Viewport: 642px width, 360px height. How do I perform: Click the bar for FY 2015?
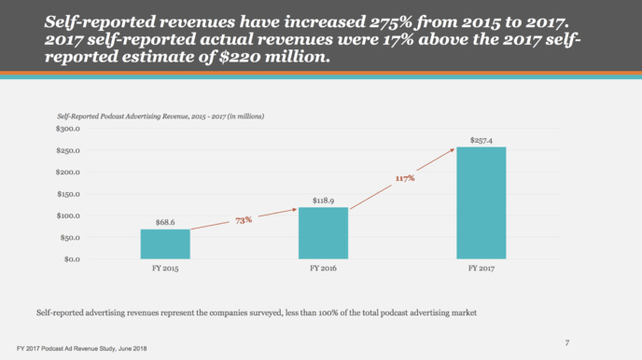165,243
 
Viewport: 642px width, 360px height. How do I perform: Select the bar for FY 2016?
323,232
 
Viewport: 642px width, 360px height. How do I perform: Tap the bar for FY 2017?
481,202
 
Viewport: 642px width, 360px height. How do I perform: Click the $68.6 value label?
165,222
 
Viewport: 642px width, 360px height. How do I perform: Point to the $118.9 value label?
324,200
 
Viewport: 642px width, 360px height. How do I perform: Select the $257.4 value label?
481,140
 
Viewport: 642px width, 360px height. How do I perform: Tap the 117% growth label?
405,177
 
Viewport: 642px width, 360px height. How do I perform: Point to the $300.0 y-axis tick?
65,129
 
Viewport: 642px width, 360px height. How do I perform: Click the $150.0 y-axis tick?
65,194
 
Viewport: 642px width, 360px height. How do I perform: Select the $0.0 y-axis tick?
69,258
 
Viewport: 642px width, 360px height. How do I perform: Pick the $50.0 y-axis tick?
67,237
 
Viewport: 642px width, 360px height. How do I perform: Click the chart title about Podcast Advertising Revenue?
161,116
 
